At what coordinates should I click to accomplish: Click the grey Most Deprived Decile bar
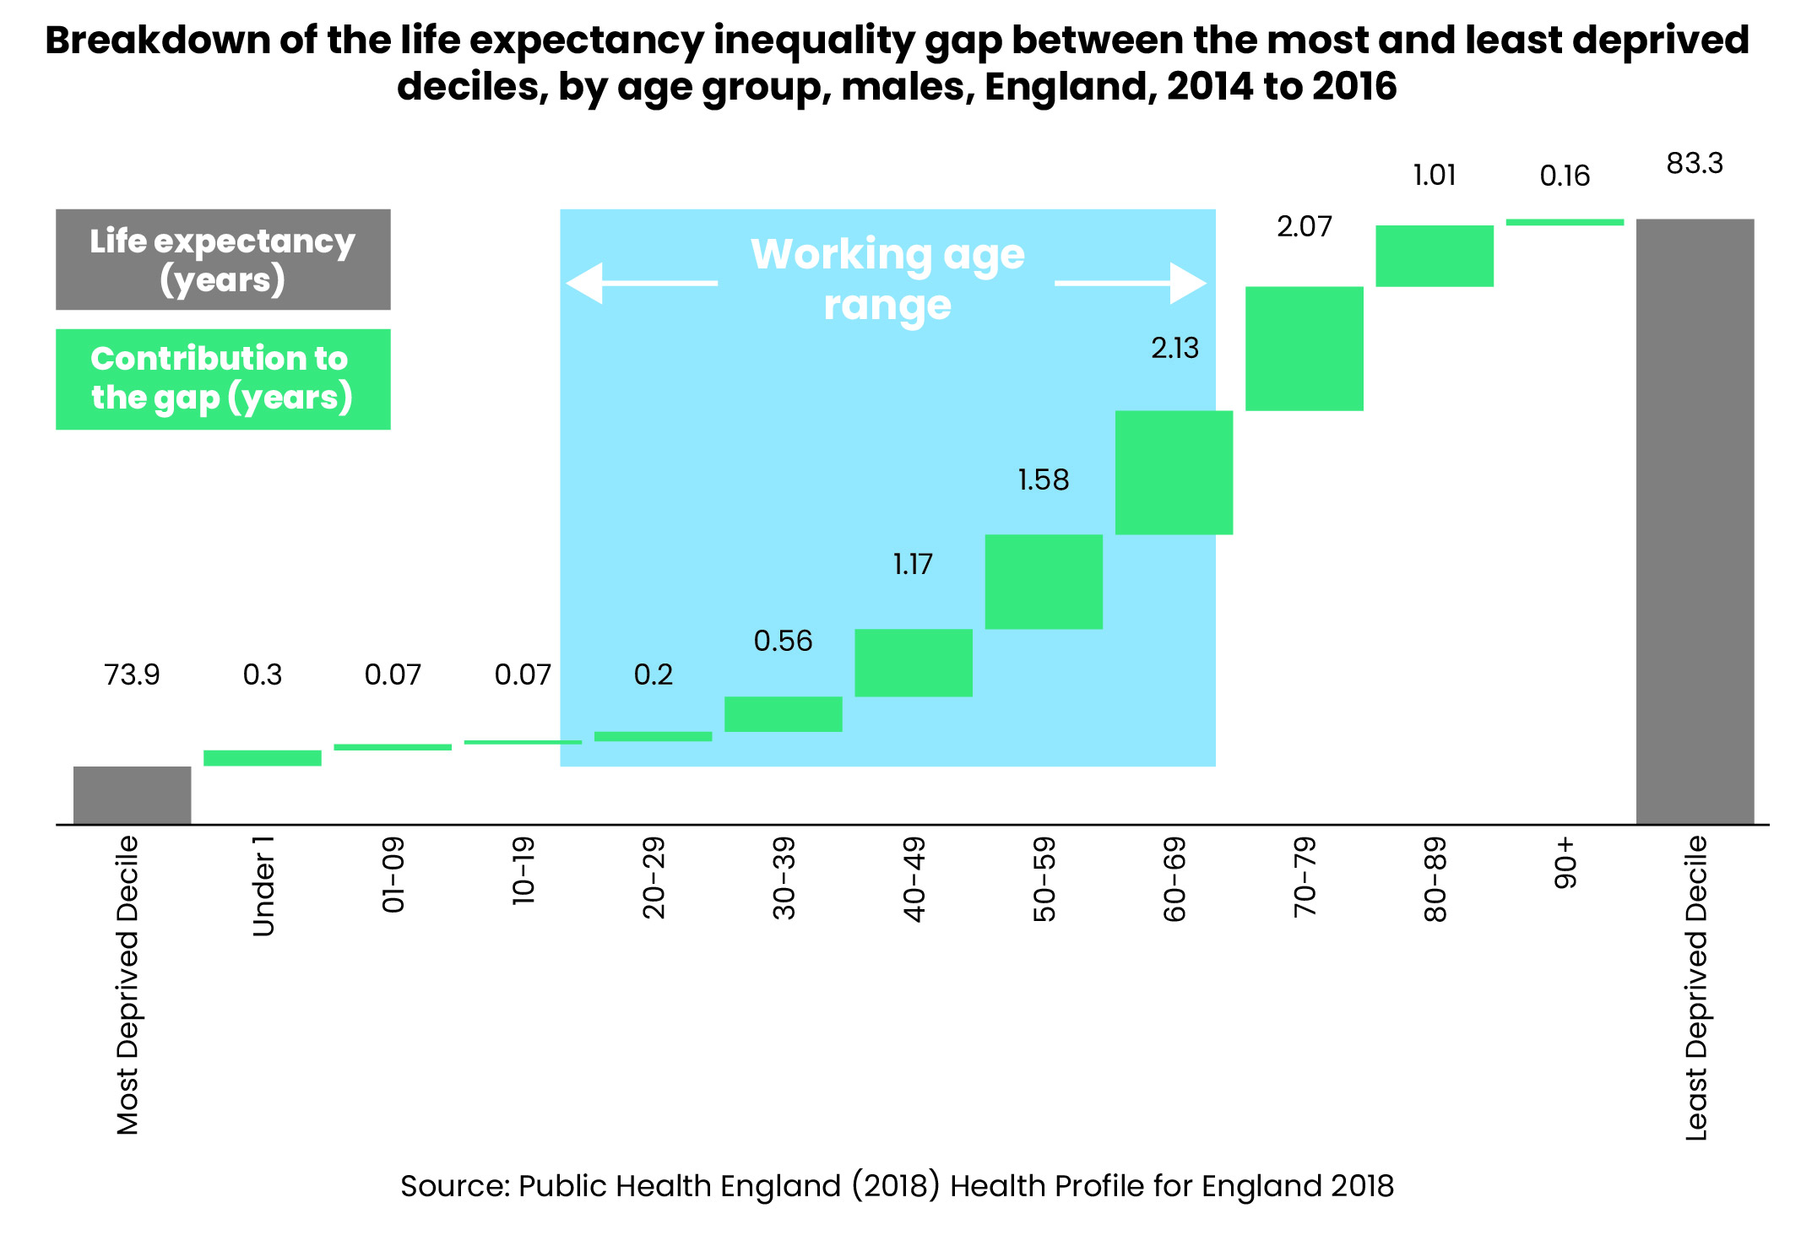point(132,794)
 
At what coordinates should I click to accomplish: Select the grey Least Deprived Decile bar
point(1695,521)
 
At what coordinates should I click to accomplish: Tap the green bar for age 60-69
point(1174,473)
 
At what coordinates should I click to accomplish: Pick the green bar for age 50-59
point(1044,582)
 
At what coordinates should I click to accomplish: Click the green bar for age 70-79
point(1304,349)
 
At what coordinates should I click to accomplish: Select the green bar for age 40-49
point(914,663)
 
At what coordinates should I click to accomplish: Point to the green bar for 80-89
point(1434,256)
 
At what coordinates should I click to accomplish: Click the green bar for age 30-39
point(783,714)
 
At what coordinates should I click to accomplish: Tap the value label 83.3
point(1695,164)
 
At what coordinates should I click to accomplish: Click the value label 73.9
point(132,675)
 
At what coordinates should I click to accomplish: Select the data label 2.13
point(1174,349)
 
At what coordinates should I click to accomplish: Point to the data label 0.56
point(783,642)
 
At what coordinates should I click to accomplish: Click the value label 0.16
point(1565,176)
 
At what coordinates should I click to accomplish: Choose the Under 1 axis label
point(263,886)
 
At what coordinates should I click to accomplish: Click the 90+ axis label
point(1565,862)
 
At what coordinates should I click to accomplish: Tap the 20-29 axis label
point(654,878)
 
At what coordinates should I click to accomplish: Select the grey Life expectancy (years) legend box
point(223,260)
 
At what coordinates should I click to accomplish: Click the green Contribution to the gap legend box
point(223,379)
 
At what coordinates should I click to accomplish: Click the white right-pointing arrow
point(1131,283)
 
